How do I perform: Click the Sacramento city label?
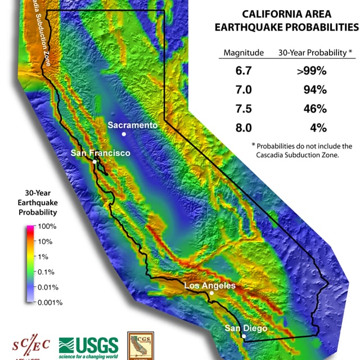(132, 125)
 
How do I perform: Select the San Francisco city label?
(100, 153)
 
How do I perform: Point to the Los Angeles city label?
(210, 286)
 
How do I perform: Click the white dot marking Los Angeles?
(211, 293)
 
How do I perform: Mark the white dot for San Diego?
(244, 336)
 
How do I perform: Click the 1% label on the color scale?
(46, 256)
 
